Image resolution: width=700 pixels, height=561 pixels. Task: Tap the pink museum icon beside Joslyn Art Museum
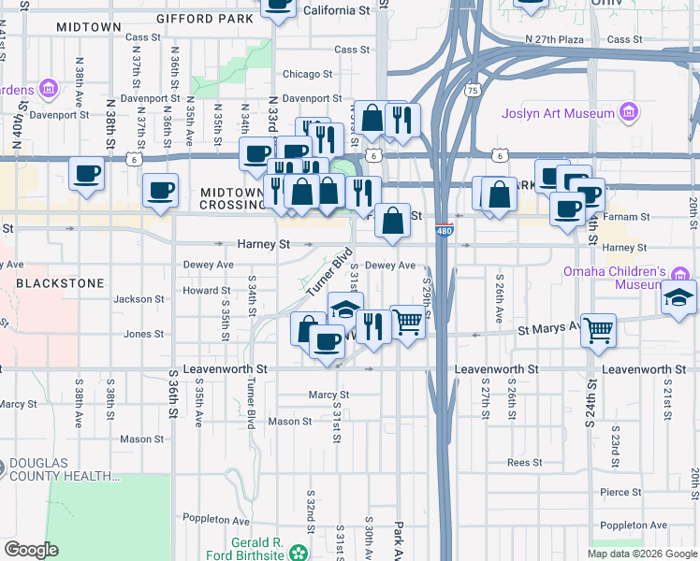[629, 114]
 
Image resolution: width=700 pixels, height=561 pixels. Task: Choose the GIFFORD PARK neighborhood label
[205, 18]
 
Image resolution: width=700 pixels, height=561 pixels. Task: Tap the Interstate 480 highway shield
[445, 227]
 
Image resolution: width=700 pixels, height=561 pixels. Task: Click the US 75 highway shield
[473, 91]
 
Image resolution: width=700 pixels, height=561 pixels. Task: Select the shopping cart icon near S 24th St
[597, 330]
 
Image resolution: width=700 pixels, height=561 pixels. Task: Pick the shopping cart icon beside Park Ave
[407, 323]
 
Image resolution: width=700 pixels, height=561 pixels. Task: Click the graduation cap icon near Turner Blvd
[345, 309]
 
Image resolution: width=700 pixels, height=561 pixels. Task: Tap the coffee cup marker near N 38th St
[87, 174]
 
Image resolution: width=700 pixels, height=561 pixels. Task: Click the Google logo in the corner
[30, 550]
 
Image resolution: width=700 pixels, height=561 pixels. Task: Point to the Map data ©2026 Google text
[642, 554]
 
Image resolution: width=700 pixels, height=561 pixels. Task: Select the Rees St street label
[524, 463]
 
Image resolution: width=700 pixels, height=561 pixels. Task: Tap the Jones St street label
[144, 334]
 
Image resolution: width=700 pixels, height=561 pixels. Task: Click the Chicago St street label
[308, 74]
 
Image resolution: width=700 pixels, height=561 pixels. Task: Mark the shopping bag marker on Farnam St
[395, 222]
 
